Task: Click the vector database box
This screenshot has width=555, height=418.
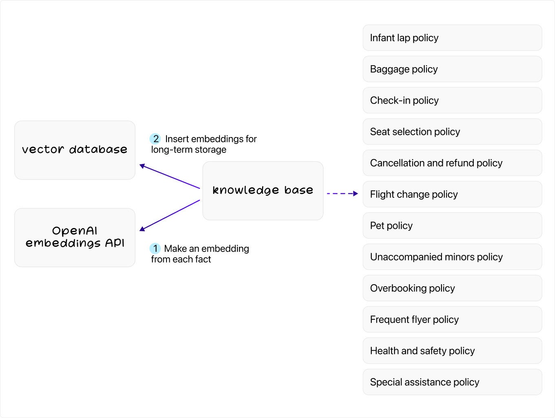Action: coord(75,150)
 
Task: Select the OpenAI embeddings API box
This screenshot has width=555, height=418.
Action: coord(75,237)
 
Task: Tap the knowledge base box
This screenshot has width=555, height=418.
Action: coord(263,191)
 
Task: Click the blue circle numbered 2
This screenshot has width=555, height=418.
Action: coord(155,139)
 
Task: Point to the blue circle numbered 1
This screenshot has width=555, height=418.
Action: coord(155,248)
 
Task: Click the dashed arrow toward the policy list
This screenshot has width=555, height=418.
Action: coord(342,193)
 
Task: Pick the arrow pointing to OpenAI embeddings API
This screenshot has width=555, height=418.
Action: coord(170,215)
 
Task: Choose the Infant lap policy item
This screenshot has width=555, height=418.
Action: coord(452,38)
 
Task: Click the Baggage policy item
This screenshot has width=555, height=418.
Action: coord(452,69)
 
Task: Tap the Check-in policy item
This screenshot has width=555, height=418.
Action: coord(452,100)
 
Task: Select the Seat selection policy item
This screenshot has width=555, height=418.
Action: coord(452,132)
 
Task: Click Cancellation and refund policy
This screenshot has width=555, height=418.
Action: coord(452,163)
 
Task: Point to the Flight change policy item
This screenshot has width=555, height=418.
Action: coord(452,194)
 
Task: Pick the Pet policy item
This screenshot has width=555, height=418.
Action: coord(452,226)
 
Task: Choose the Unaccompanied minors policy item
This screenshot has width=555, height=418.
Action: coord(452,257)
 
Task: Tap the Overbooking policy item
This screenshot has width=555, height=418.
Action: coord(452,288)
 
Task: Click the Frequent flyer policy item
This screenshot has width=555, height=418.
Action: coord(452,319)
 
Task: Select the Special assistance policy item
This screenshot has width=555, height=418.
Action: coord(452,382)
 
